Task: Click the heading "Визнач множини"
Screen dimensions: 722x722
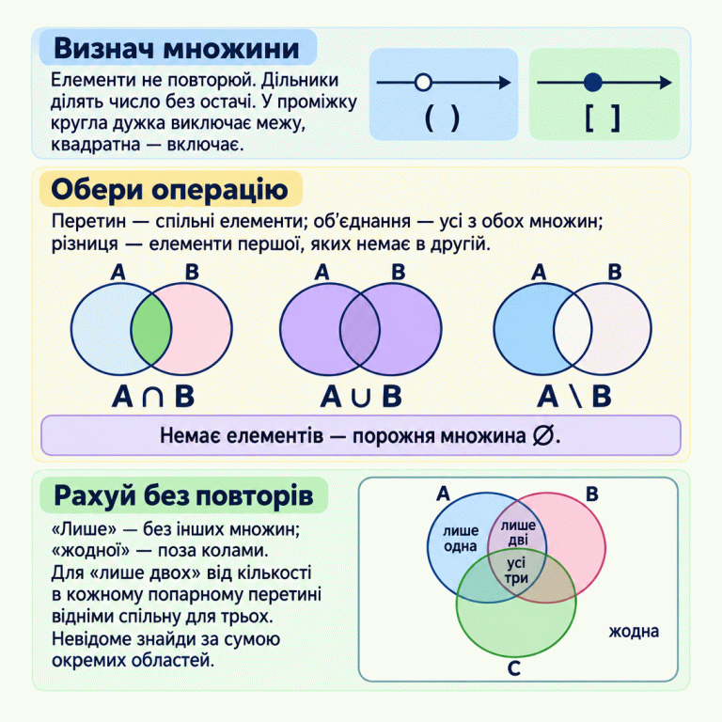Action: point(177,48)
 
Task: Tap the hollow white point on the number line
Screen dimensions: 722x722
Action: point(423,83)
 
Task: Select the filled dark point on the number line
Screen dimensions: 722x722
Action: point(592,83)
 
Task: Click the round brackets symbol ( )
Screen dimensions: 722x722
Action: point(442,118)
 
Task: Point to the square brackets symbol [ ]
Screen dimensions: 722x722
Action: point(603,118)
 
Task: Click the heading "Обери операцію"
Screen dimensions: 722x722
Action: point(170,190)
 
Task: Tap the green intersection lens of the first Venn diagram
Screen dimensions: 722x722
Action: point(151,329)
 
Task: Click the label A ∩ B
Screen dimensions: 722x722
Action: point(153,397)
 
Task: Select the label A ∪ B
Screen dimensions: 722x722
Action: point(361,397)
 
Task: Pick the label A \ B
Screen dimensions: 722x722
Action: point(574,397)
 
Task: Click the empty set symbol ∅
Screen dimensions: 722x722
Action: point(542,435)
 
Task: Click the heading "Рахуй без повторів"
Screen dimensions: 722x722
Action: point(183,496)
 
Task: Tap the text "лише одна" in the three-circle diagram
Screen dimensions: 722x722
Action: point(461,539)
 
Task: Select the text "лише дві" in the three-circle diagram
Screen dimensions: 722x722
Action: point(518,533)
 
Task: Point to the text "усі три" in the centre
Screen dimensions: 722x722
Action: point(516,571)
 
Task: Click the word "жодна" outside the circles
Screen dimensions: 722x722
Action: point(634,632)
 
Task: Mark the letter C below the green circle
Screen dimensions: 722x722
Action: point(514,668)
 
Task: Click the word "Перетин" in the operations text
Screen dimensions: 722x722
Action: point(89,222)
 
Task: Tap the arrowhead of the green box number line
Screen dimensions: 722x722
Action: point(666,83)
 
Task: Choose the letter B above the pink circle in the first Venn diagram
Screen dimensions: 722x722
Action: point(192,272)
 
